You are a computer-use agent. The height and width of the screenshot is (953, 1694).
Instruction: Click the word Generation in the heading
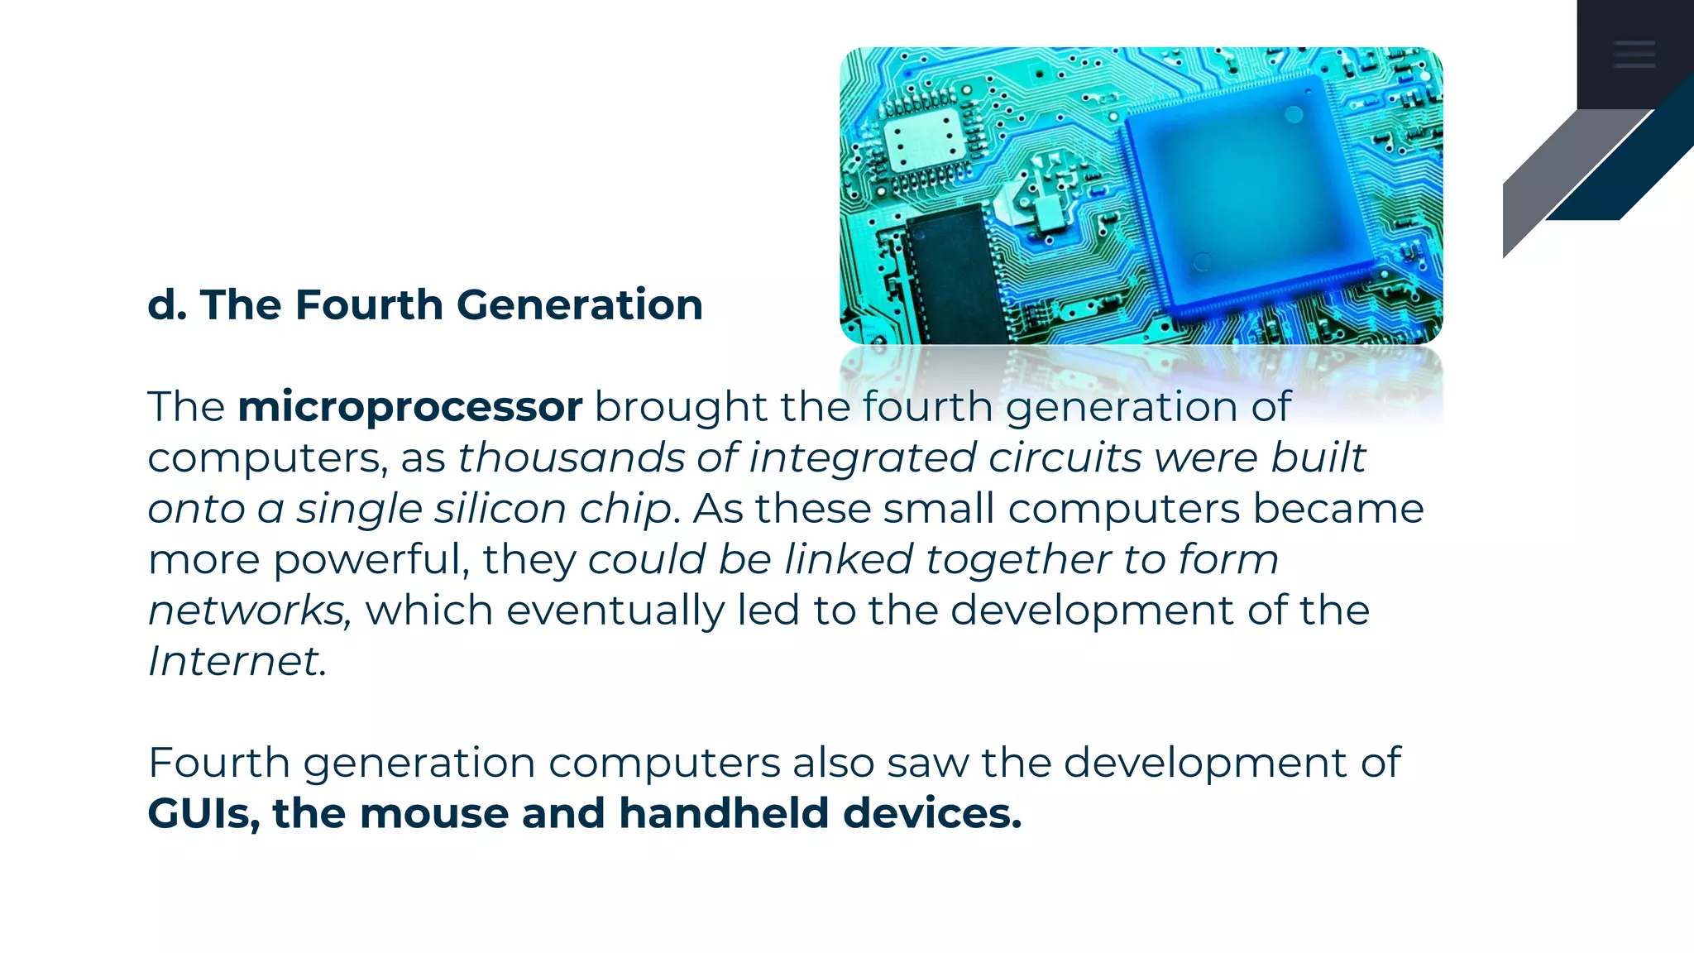(x=579, y=304)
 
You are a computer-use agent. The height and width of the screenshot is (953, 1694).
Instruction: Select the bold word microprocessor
(x=409, y=407)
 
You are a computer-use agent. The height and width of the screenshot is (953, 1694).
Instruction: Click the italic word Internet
(x=233, y=661)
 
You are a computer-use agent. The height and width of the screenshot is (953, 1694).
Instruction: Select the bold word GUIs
(x=199, y=813)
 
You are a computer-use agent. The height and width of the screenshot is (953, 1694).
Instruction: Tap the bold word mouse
(x=434, y=813)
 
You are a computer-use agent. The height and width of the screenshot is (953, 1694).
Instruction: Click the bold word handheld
(x=723, y=813)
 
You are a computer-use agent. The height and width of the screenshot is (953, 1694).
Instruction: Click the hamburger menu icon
(x=1634, y=55)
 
